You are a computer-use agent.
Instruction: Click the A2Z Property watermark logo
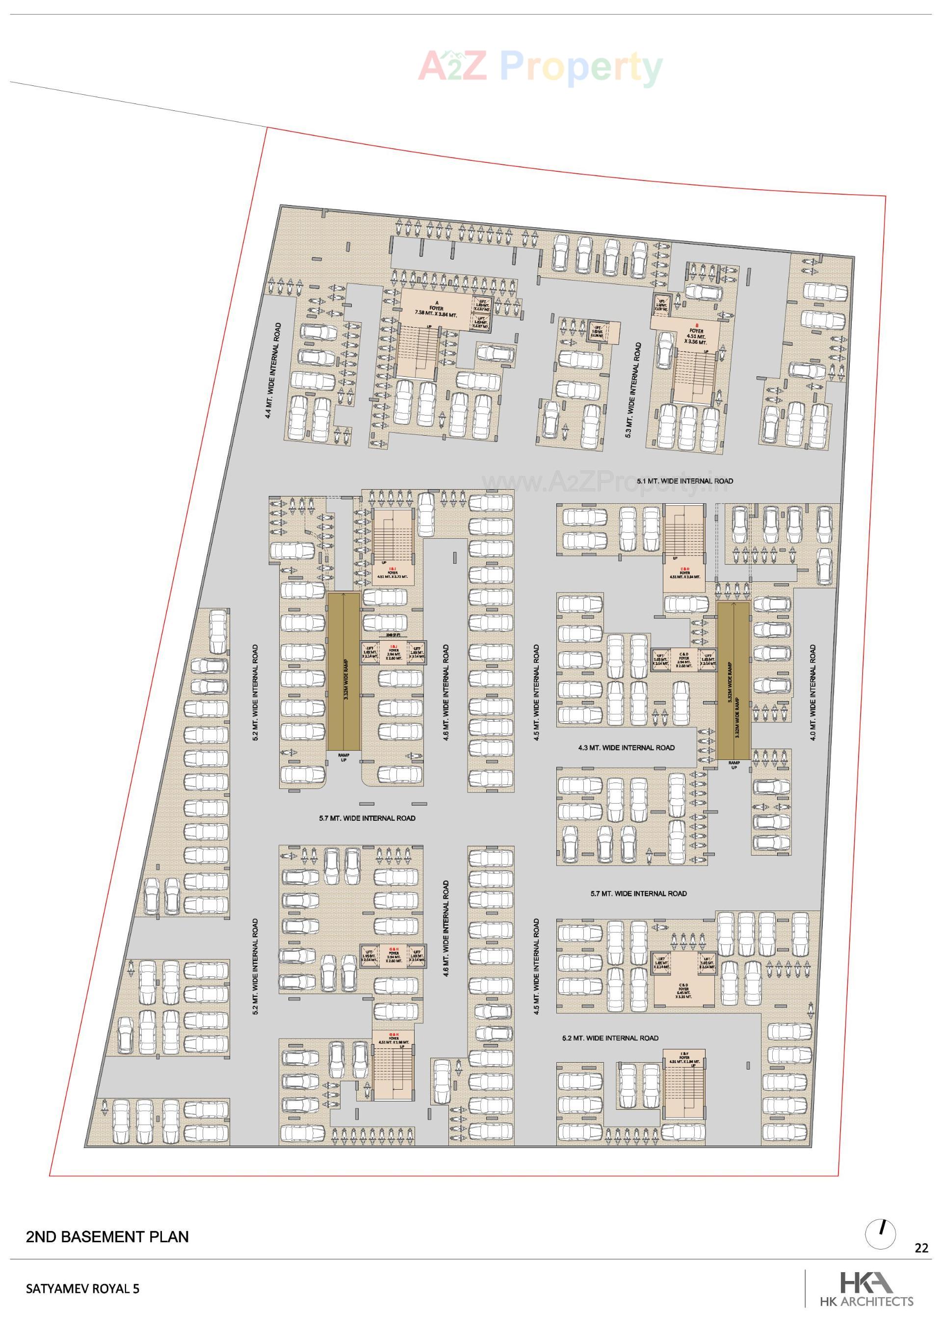pyautogui.click(x=540, y=67)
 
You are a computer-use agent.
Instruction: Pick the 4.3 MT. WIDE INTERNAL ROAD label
pyautogui.click(x=626, y=748)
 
